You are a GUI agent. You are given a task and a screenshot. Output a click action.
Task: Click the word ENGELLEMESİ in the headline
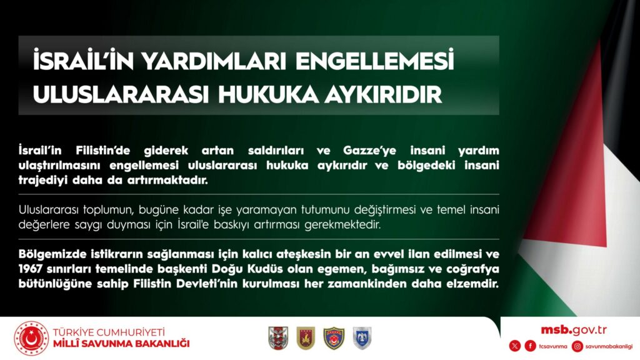(x=374, y=61)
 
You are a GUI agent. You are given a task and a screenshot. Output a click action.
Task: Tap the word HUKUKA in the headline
(x=267, y=95)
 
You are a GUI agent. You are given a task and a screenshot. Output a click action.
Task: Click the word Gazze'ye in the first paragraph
(x=369, y=151)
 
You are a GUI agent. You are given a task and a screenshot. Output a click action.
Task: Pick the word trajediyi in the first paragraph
(x=43, y=181)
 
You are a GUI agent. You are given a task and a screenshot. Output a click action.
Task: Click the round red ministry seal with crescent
(x=31, y=338)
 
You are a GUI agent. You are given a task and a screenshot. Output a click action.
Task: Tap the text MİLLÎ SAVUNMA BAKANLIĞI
(x=121, y=344)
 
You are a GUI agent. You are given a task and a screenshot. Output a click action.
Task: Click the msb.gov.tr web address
(x=574, y=330)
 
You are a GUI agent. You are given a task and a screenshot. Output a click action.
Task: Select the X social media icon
(x=515, y=346)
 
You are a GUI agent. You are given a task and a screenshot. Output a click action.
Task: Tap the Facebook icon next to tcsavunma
(x=530, y=346)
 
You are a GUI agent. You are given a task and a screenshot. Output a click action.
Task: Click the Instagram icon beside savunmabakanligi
(x=577, y=346)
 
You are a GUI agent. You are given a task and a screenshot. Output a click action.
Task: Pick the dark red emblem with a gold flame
(x=306, y=338)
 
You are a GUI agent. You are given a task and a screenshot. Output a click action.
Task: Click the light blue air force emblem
(x=362, y=338)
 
